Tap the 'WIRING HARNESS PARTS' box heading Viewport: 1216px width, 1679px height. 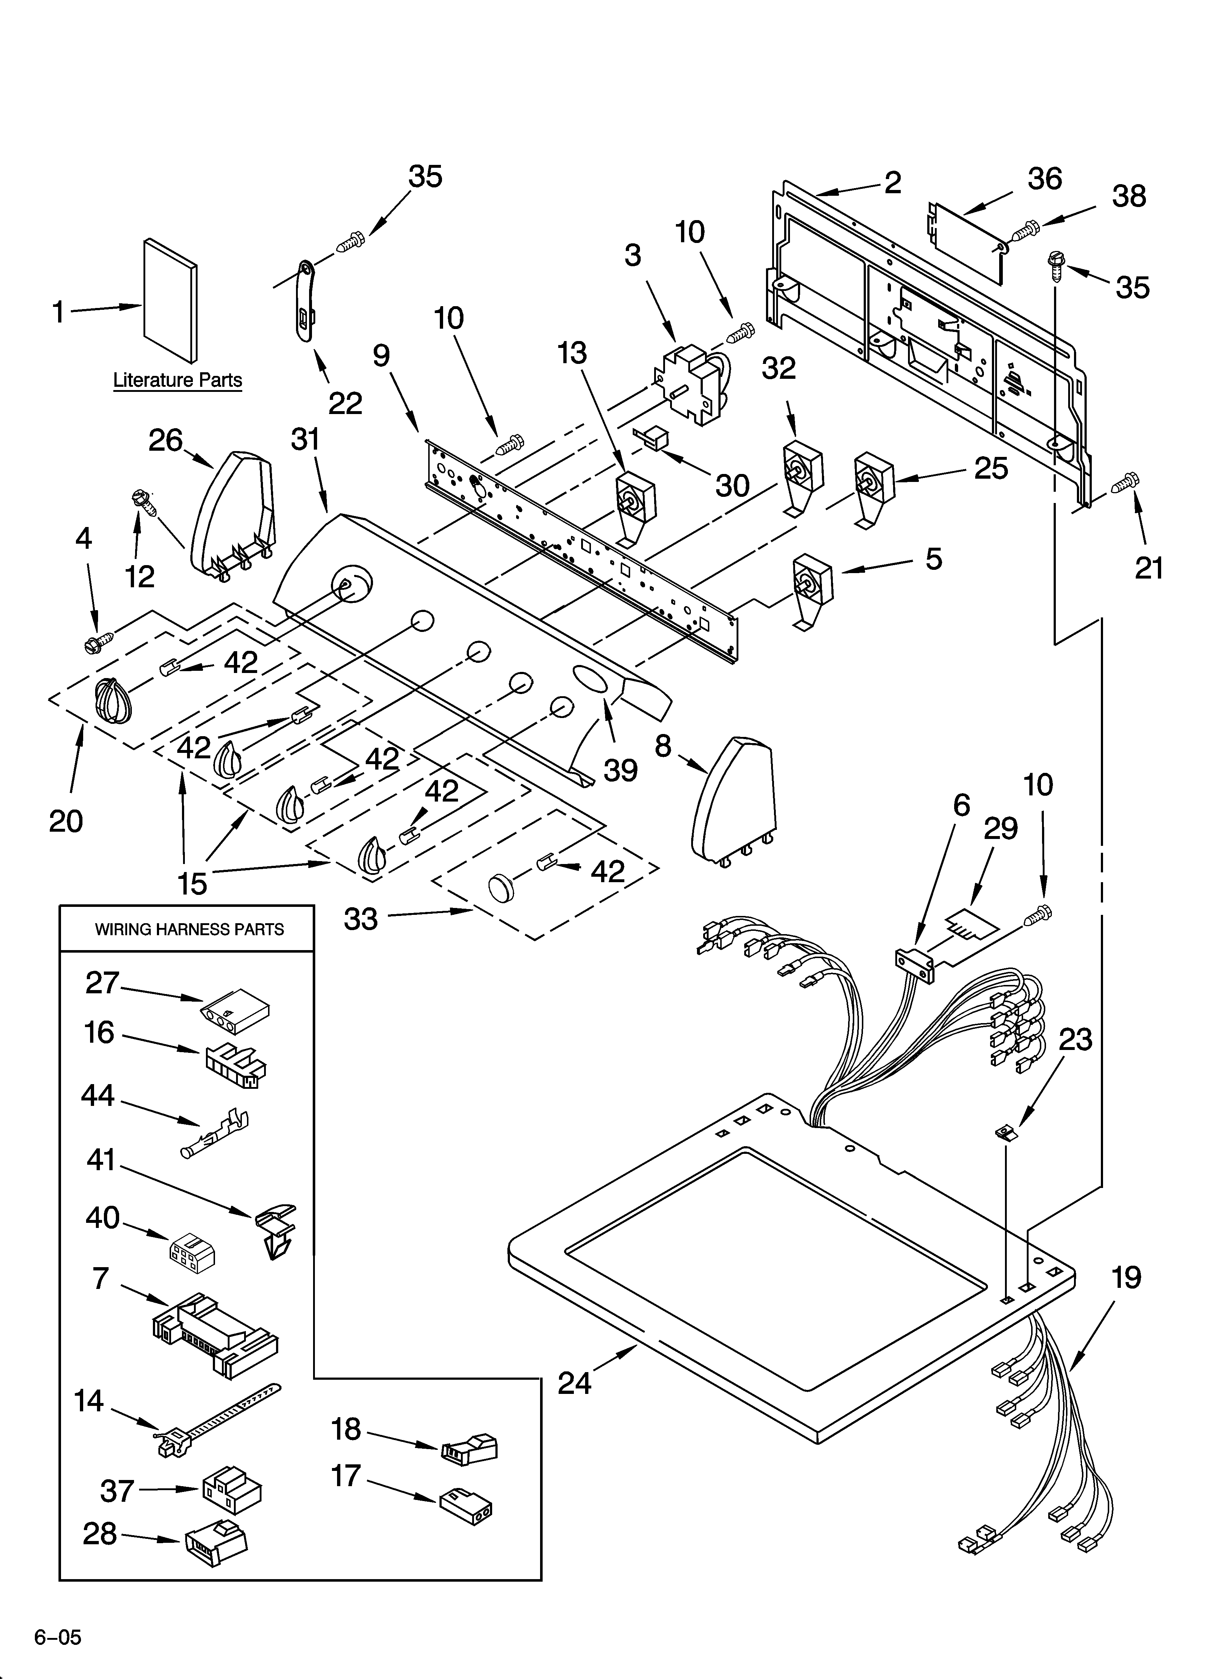click(189, 929)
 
